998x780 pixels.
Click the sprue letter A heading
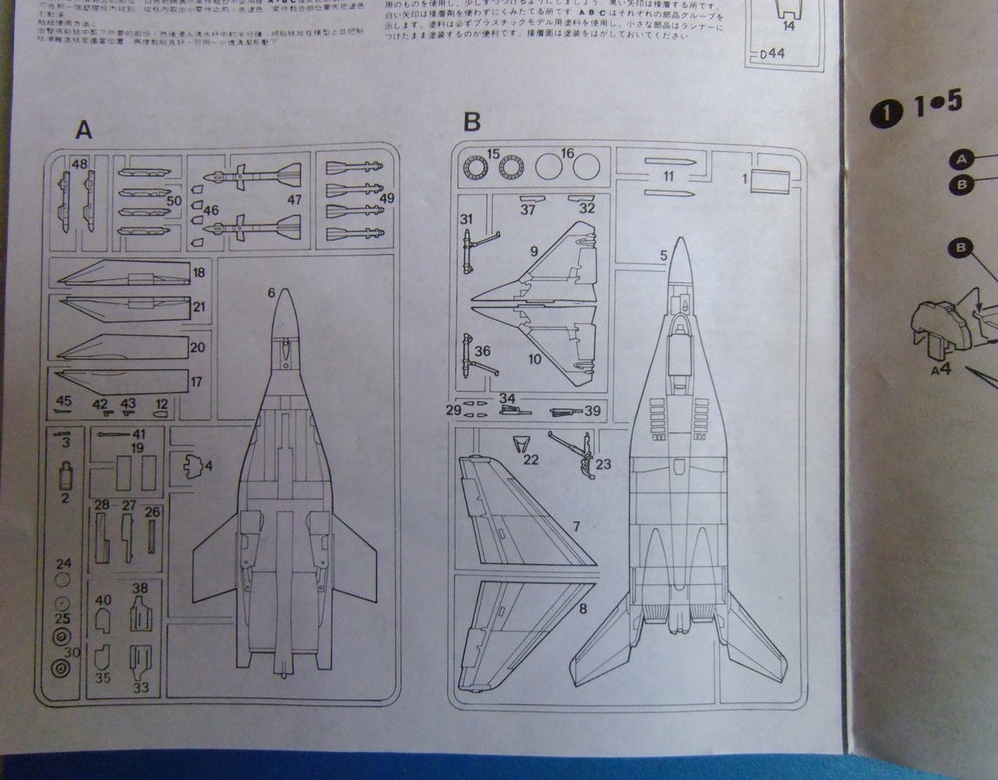tap(84, 129)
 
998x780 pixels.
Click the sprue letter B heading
tap(471, 122)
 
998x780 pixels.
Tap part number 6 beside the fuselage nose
tap(272, 294)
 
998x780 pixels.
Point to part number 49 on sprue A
tap(386, 198)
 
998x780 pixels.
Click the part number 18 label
tap(198, 273)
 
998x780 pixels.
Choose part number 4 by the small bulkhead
tap(208, 465)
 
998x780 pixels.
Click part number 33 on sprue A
tap(141, 688)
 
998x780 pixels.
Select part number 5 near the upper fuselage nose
tap(664, 256)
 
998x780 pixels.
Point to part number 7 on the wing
tap(576, 525)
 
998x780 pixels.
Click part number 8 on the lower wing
tap(582, 609)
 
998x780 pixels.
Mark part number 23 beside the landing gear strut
tap(603, 464)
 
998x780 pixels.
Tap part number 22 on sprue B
tap(530, 460)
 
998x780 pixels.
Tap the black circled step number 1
tap(880, 114)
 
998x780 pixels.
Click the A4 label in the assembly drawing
tap(941, 370)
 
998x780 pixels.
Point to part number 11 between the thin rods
tap(668, 176)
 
